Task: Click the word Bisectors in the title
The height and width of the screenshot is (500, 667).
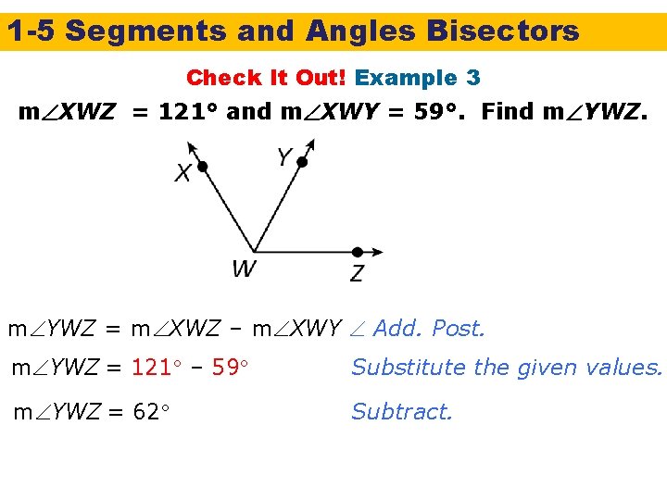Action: click(503, 31)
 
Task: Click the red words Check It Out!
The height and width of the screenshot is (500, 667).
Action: click(267, 78)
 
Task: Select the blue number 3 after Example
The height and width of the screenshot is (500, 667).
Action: click(472, 78)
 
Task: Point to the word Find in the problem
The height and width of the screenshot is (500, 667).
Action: click(509, 112)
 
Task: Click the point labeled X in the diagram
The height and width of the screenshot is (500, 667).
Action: click(202, 167)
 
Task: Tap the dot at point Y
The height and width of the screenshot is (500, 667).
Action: click(301, 162)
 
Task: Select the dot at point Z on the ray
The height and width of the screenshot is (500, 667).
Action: click(357, 252)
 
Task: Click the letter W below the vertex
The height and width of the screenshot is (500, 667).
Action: click(244, 269)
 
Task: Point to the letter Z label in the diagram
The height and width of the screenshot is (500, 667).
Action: click(357, 273)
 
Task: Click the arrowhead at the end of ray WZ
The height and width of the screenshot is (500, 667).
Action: click(378, 252)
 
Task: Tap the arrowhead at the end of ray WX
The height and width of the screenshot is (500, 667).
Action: click(191, 146)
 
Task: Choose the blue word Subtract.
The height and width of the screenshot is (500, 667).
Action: click(401, 412)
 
